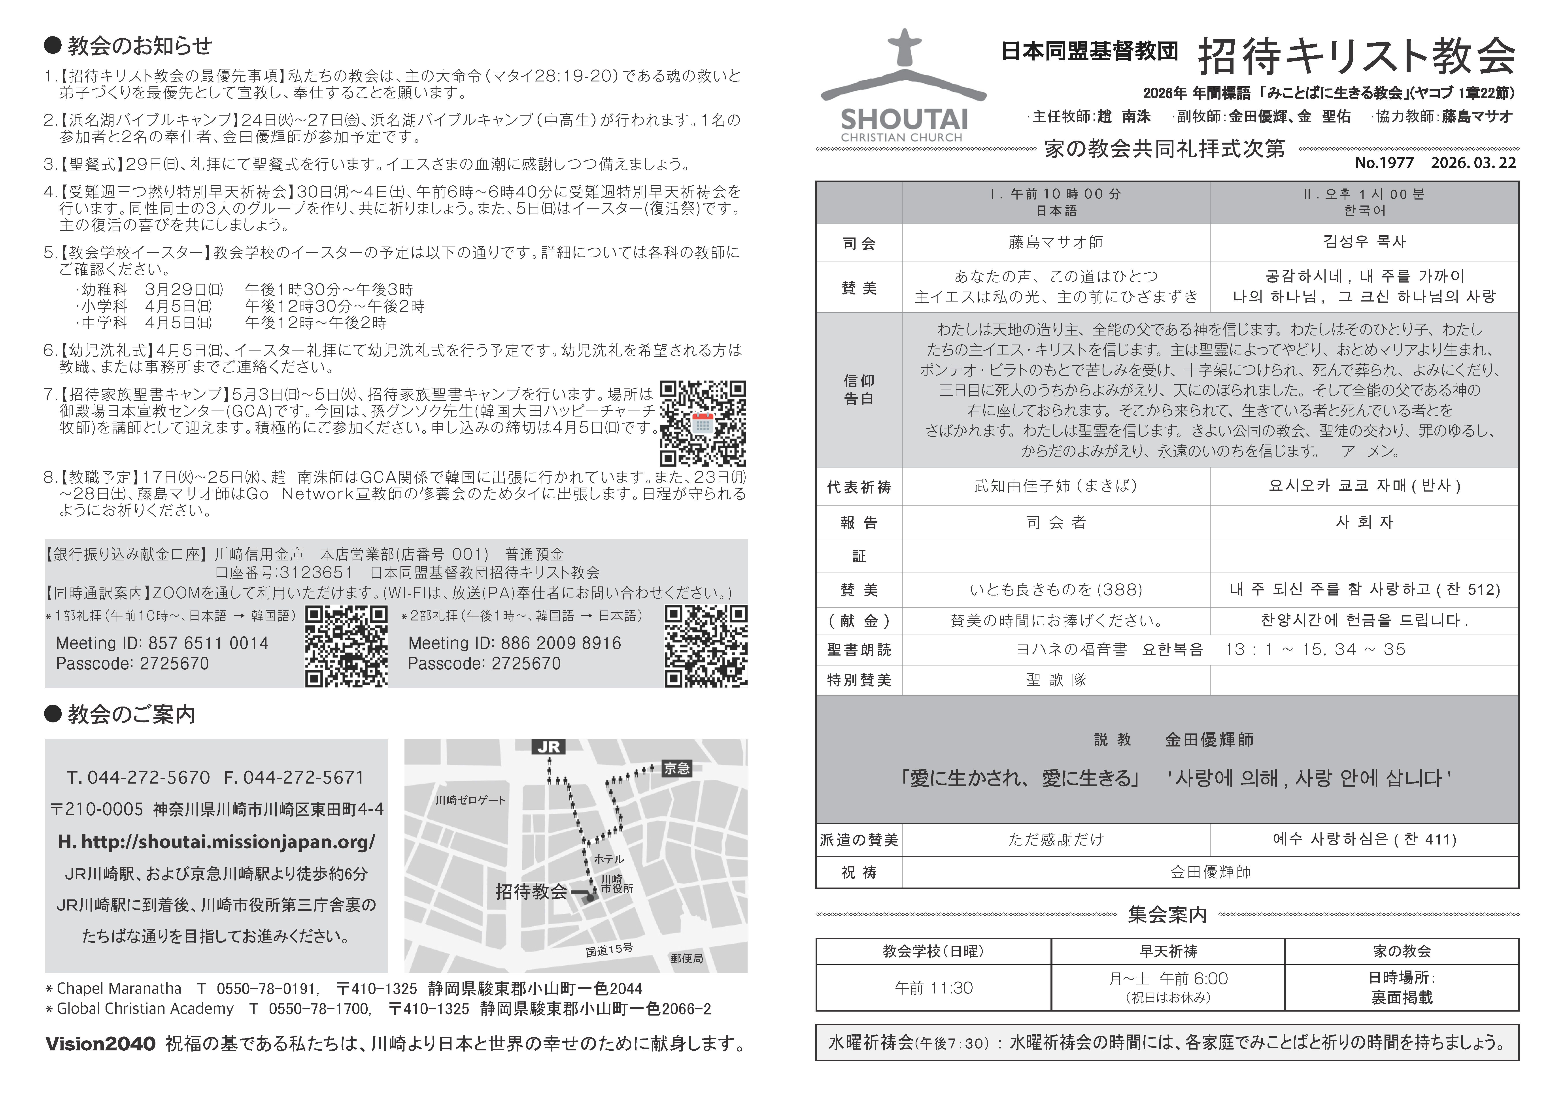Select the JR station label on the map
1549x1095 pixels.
(x=548, y=747)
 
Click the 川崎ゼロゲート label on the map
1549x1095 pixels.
(x=470, y=800)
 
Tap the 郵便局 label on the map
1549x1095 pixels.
(x=687, y=958)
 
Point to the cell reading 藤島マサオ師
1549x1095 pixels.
(x=1056, y=242)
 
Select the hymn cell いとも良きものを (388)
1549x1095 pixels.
(x=1056, y=590)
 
